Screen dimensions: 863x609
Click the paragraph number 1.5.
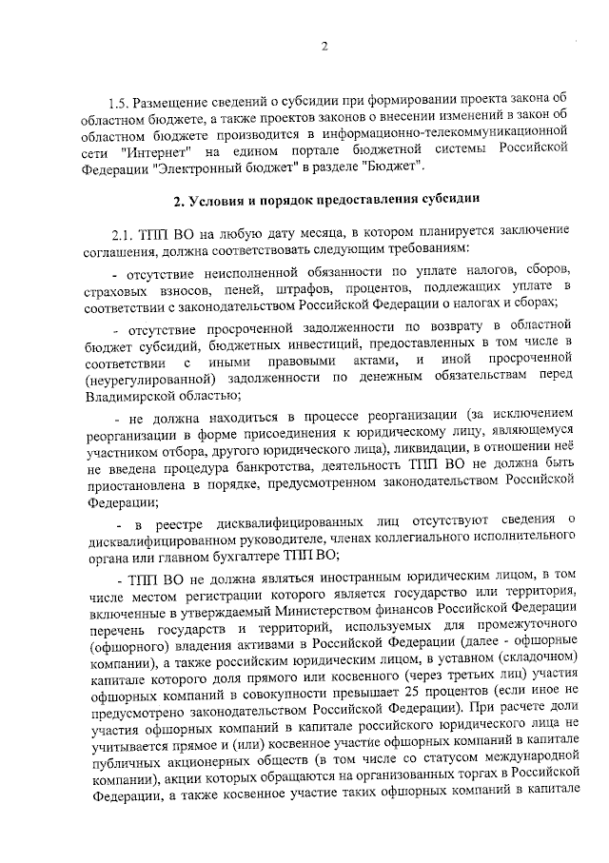119,102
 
